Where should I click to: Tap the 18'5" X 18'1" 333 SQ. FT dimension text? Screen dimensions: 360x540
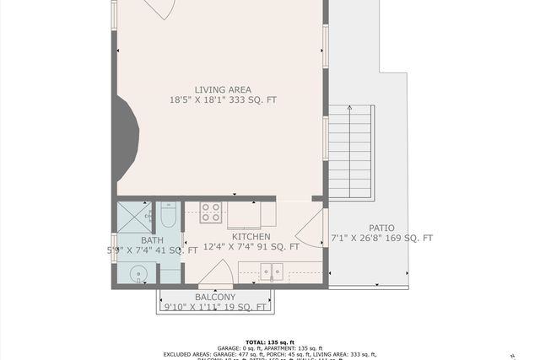[223, 100]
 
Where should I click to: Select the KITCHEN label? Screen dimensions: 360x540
[251, 237]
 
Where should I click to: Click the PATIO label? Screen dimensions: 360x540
[381, 228]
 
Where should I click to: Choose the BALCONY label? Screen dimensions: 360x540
[214, 298]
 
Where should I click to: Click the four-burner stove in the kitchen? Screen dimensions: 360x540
[211, 212]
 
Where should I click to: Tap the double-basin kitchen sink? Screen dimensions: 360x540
[271, 271]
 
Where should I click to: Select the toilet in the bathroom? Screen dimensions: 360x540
[168, 217]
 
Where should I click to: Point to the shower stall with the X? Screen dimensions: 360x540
[133, 217]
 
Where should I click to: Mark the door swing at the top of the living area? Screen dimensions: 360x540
[160, 8]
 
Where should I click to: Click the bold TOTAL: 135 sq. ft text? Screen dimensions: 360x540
[270, 341]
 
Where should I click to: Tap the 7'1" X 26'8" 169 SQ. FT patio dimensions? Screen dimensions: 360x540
[381, 239]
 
